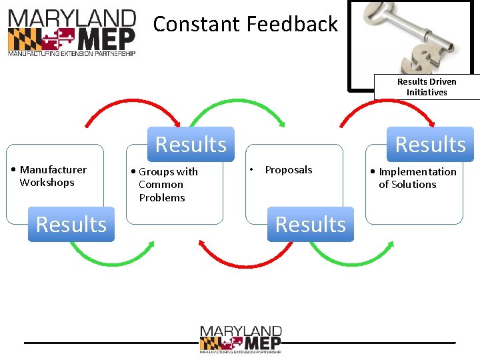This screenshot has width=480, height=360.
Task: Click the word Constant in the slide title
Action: point(197,25)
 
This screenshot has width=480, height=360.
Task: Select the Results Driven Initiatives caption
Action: point(427,87)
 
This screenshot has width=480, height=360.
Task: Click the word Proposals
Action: point(288,170)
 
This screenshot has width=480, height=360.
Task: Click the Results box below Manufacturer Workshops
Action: point(71,225)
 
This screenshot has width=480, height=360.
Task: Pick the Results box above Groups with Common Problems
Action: point(191,144)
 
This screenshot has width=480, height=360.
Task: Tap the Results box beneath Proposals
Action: point(310,225)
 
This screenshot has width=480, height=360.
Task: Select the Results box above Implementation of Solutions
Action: point(430,144)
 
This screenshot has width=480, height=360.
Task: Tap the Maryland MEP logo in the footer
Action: point(240,339)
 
